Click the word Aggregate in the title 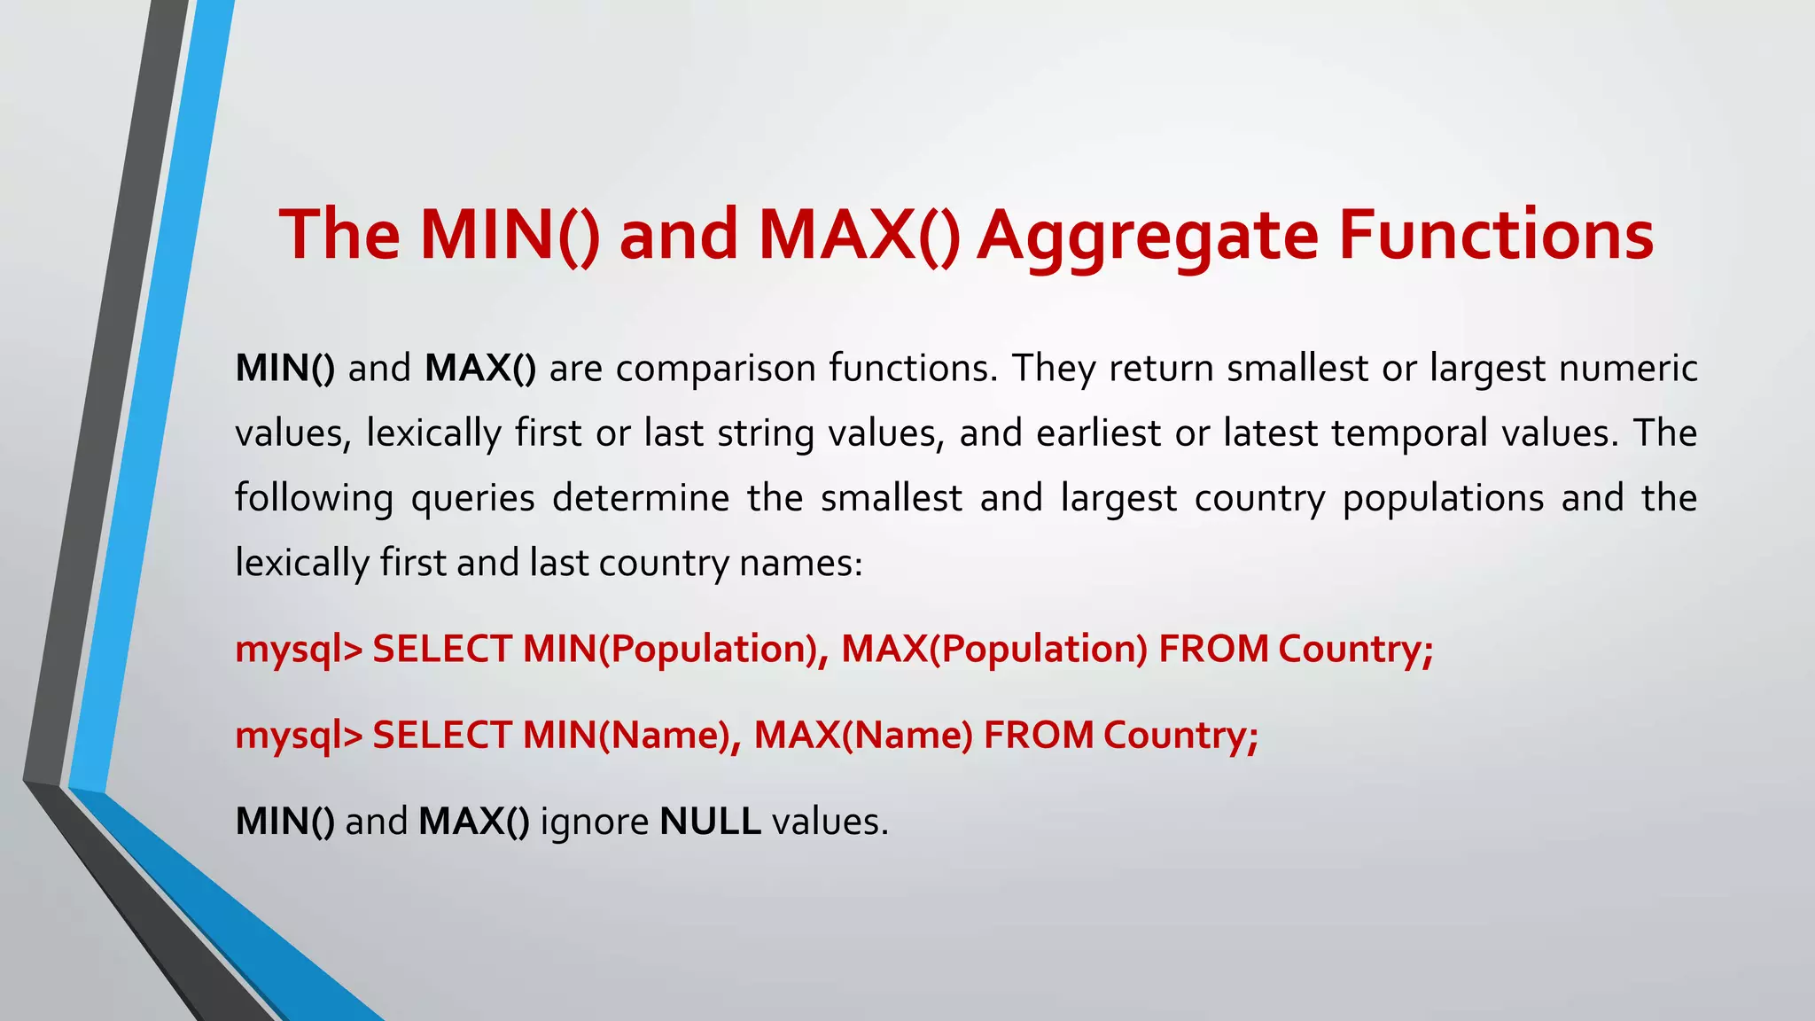tap(1148, 235)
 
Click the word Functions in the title tap(1495, 235)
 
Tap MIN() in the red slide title tap(509, 235)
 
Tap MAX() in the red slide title tap(859, 235)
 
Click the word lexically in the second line tap(433, 433)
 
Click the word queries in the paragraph tap(472, 498)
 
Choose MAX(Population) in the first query tap(994, 649)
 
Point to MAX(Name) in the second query tap(863, 736)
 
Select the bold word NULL tap(710, 822)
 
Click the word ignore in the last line tap(594, 822)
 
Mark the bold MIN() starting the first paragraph tap(284, 369)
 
